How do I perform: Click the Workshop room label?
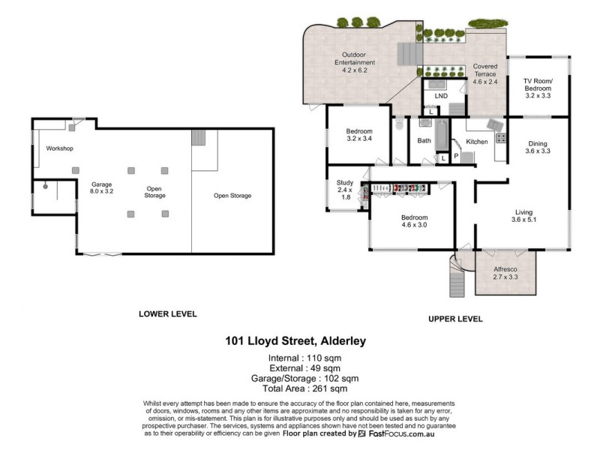59,148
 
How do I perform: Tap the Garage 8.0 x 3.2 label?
102,188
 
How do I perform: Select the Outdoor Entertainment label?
358,59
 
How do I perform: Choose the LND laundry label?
441,96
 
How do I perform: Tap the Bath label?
424,140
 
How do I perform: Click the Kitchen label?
477,141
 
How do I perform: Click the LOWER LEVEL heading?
167,313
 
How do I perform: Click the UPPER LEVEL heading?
454,319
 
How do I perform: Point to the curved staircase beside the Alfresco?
456,278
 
